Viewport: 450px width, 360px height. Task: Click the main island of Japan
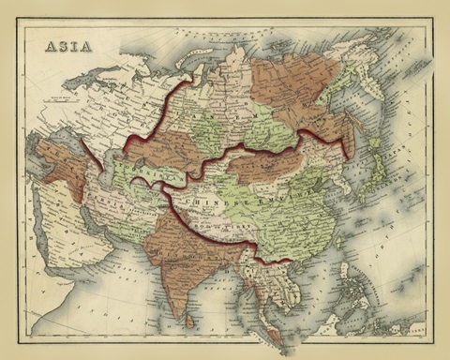(x=380, y=178)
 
